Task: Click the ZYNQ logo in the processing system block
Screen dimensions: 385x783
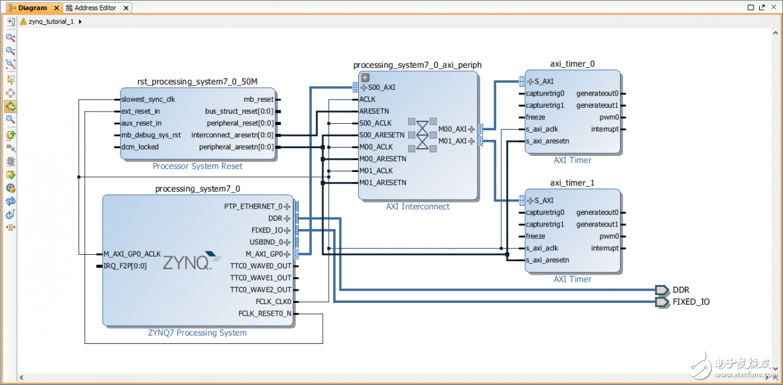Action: pyautogui.click(x=186, y=262)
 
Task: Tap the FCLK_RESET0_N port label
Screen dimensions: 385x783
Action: pyautogui.click(x=264, y=313)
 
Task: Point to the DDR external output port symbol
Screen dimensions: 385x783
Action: pyautogui.click(x=662, y=289)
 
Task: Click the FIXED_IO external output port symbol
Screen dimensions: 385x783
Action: pyautogui.click(x=662, y=302)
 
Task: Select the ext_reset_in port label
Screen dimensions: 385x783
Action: pyautogui.click(x=141, y=111)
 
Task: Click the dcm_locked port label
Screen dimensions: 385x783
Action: pyautogui.click(x=139, y=147)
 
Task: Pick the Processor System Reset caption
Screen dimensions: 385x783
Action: pyautogui.click(x=198, y=166)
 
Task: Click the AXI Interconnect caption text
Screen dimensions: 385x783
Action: pyautogui.click(x=418, y=207)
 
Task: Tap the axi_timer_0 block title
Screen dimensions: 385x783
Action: pyautogui.click(x=572, y=64)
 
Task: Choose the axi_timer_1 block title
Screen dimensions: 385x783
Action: pyautogui.click(x=572, y=183)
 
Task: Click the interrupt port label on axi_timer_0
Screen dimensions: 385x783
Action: pyautogui.click(x=605, y=129)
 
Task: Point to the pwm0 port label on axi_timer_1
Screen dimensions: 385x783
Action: pyautogui.click(x=610, y=236)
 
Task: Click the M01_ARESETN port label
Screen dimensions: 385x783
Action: pyautogui.click(x=383, y=183)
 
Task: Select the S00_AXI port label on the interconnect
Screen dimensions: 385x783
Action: pyautogui.click(x=382, y=87)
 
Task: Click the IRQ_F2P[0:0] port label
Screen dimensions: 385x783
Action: pyautogui.click(x=125, y=266)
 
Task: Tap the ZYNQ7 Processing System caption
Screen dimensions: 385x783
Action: pyautogui.click(x=197, y=333)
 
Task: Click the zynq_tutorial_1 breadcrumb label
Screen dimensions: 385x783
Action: pyautogui.click(x=51, y=21)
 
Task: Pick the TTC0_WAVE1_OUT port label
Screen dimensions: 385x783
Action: pyautogui.click(x=261, y=278)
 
